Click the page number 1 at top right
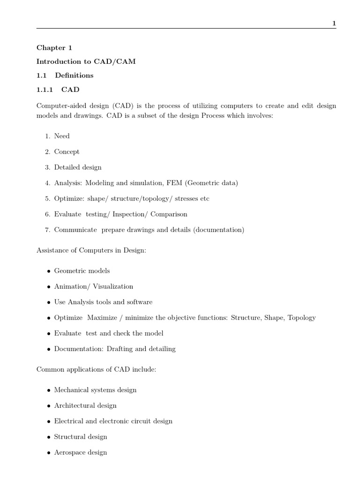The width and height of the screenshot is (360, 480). tap(334, 23)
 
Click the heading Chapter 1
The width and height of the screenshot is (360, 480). tap(54, 47)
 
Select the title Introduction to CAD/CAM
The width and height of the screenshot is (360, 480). tap(86, 61)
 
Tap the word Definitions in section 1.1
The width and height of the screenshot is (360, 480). tap(74, 75)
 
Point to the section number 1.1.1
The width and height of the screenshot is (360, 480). tap(45, 90)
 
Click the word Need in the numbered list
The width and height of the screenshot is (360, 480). tap(62, 136)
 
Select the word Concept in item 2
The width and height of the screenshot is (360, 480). tap(67, 152)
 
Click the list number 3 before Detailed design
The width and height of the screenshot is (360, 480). tap(47, 167)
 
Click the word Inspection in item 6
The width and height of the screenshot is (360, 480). tap(129, 214)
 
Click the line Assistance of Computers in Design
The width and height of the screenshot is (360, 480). tap(91, 251)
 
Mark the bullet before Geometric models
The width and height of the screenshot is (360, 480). tap(49, 271)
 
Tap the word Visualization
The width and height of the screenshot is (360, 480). tap(113, 286)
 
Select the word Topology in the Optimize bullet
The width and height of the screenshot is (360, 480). tap(301, 318)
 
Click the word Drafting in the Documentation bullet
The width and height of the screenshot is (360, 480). tap(119, 349)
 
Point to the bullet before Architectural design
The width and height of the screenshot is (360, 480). tap(49, 406)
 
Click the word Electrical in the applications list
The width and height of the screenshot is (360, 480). tap(69, 421)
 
